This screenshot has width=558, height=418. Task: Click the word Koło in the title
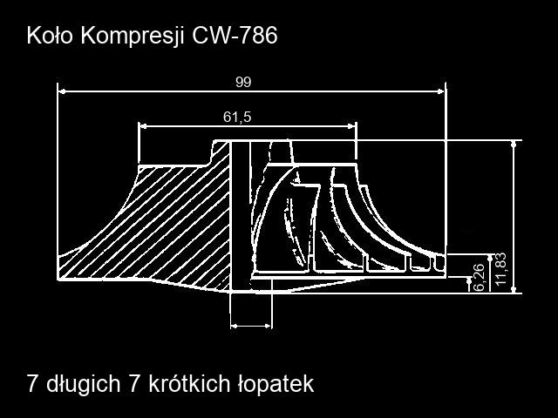click(x=50, y=35)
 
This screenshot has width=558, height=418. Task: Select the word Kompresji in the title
click(x=133, y=37)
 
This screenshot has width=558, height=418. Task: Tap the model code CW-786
click(x=235, y=35)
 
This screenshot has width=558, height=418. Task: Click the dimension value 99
click(x=243, y=82)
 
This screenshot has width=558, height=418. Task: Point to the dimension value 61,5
click(x=237, y=117)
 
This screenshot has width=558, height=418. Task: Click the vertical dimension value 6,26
click(x=479, y=278)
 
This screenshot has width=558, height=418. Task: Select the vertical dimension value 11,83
click(x=500, y=269)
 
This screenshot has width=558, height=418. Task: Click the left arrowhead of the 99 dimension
click(x=62, y=91)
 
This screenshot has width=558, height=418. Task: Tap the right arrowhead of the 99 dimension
click(x=440, y=91)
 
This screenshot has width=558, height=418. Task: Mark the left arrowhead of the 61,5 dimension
click(x=142, y=126)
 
